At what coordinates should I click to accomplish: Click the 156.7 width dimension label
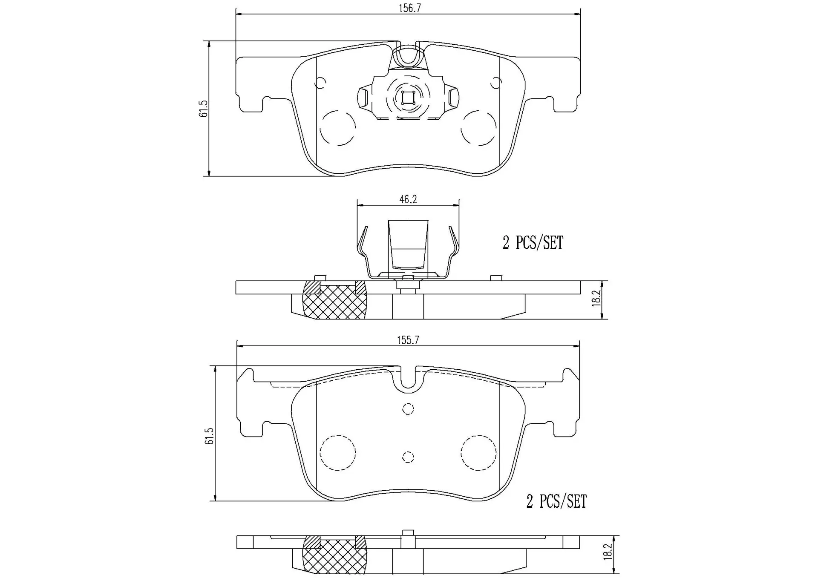pos(410,8)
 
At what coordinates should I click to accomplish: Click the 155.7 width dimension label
pos(408,340)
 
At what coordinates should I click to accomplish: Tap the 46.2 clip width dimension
pos(408,199)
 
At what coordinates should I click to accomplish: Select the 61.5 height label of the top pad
pos(204,109)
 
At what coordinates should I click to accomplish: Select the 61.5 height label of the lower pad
pos(209,436)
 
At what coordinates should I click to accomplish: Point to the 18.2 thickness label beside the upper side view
pos(596,298)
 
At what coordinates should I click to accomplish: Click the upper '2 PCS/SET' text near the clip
pos(533,243)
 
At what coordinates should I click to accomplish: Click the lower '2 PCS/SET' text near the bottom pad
pos(557,501)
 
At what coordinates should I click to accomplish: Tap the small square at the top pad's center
pos(408,98)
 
